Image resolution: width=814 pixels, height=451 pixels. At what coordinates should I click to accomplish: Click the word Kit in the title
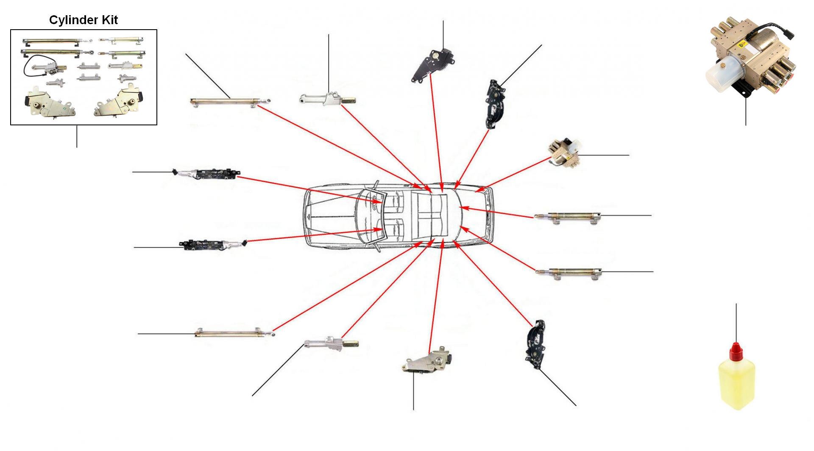109,20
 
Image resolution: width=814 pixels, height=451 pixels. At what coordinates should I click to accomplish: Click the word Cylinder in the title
72,20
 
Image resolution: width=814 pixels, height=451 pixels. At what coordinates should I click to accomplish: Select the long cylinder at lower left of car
233,333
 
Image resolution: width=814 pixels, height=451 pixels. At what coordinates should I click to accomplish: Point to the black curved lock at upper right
494,104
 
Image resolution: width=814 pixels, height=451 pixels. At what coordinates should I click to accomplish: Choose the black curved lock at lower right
535,344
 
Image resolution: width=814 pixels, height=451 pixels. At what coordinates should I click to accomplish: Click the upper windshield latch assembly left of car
208,174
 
